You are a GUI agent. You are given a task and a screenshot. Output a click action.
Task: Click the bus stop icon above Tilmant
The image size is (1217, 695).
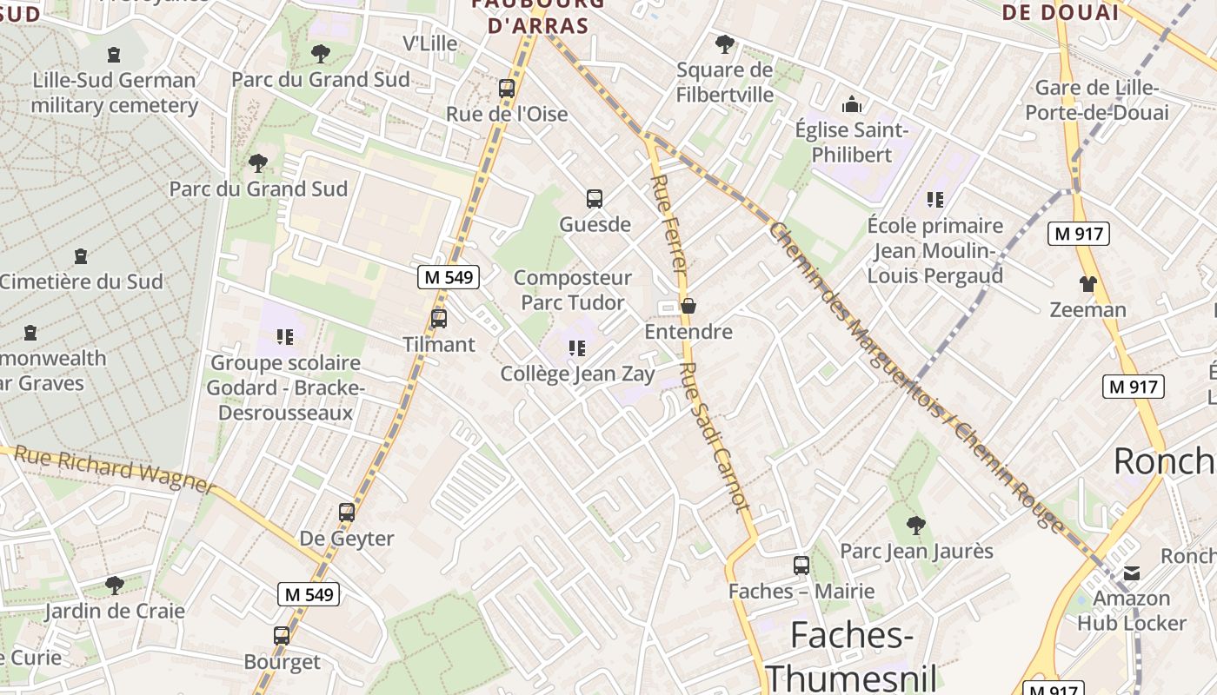(439, 319)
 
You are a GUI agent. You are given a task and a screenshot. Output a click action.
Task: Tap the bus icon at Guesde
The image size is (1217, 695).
(595, 199)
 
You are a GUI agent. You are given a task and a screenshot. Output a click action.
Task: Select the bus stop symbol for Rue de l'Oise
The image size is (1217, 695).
(507, 89)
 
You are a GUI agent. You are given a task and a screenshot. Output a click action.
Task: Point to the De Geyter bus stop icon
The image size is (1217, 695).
(347, 513)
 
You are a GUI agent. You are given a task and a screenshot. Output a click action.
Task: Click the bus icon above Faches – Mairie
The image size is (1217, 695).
(801, 566)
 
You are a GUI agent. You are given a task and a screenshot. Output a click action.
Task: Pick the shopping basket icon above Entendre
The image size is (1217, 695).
(688, 306)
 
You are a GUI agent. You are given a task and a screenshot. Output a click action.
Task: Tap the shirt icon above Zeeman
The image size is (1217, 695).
(1087, 284)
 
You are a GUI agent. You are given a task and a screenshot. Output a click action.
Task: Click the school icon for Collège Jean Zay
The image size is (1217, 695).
(577, 348)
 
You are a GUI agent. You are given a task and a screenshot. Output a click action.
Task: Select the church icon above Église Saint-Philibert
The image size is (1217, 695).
(852, 105)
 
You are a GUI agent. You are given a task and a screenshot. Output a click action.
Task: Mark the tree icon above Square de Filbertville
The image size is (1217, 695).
(724, 44)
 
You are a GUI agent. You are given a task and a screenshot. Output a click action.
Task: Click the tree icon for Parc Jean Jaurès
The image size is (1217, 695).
(915, 525)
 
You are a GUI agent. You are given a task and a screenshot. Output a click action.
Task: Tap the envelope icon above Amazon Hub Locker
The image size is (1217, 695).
(1132, 573)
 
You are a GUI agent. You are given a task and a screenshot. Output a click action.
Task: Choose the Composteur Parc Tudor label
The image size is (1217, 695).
(572, 290)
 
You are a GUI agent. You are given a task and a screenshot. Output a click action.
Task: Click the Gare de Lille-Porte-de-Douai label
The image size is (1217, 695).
(1096, 100)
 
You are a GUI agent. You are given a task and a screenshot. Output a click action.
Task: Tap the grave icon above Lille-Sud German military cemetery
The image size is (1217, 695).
(114, 55)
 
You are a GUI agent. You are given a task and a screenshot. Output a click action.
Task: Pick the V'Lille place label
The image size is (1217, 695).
(429, 43)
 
